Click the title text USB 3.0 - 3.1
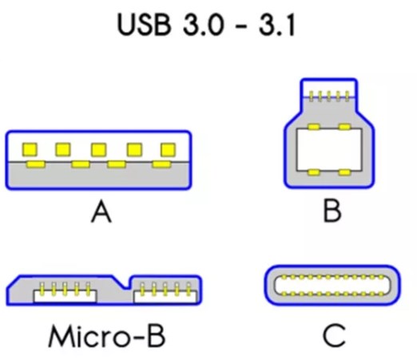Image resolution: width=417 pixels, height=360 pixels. pos(206,25)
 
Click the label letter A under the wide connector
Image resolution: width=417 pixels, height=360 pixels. pos(101,212)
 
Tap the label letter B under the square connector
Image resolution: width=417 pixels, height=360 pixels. pos(332,211)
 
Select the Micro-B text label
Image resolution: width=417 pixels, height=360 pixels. pos(106,336)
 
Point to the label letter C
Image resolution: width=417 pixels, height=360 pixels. pos(334,335)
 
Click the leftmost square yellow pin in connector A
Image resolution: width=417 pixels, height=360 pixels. pos(30,149)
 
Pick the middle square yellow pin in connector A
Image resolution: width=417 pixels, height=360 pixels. pos(99,149)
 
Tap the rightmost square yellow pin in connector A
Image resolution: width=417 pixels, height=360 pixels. pos(169,149)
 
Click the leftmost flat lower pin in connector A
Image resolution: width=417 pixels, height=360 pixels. pos(36,164)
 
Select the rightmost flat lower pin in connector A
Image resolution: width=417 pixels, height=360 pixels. pos(161,164)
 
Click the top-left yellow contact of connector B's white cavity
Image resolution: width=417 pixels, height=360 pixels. pos(314,127)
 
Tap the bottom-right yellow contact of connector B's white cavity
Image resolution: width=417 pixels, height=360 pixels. pos(344,172)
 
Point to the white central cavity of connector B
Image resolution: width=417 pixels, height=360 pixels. pos(329,149)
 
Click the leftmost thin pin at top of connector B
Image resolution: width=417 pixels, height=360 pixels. pos(311,96)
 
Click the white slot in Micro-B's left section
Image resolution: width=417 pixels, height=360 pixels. pos(65,297)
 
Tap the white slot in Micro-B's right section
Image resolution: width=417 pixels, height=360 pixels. pos(165,297)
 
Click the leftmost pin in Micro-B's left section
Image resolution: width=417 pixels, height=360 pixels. pos(42,289)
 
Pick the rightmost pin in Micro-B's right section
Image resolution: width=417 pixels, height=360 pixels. pos(189,289)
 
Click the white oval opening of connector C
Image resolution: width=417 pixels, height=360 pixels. pos(332,286)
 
